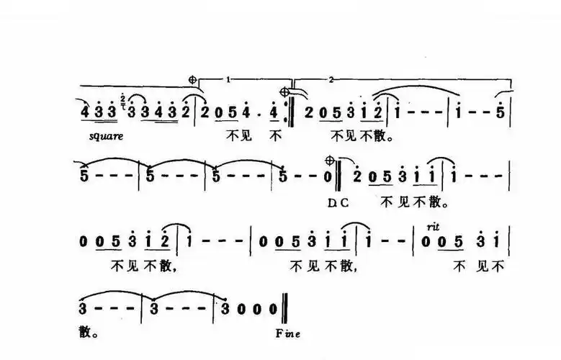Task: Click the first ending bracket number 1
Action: point(228,78)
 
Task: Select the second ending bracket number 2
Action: point(330,78)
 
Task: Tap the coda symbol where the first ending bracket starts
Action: point(192,79)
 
